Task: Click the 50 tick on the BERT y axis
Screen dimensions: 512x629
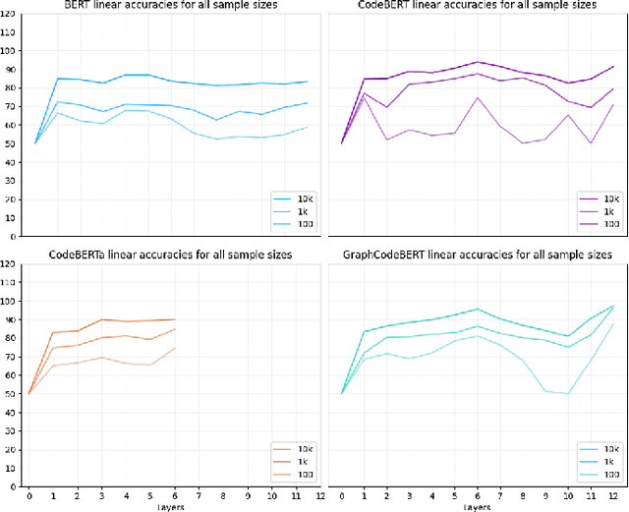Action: (10, 143)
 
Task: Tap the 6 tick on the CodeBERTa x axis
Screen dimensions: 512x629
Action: (175, 495)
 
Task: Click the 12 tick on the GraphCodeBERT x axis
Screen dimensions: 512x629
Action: (612, 495)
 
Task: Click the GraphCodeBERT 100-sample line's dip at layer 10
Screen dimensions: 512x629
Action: (568, 393)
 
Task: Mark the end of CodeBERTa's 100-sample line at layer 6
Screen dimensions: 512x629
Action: (175, 347)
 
